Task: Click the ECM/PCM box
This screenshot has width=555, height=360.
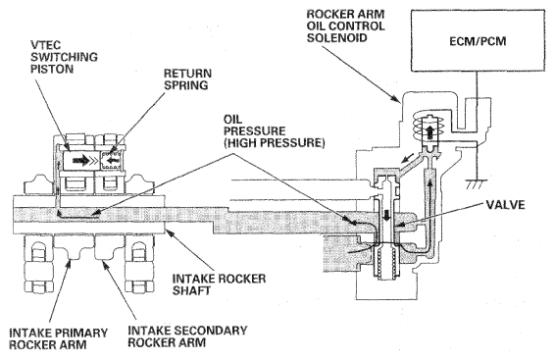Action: pos(478,40)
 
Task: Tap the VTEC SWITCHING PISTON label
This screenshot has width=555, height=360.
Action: pos(64,57)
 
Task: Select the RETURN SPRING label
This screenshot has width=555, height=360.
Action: pos(187,79)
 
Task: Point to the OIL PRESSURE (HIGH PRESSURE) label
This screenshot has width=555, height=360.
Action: pos(274,131)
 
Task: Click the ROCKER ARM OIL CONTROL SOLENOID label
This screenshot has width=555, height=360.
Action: pos(345,26)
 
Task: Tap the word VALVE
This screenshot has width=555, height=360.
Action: pos(505,205)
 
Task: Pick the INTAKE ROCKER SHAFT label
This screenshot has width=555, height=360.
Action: pos(219,284)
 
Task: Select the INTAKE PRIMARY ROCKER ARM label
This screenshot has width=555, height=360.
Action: pos(59,338)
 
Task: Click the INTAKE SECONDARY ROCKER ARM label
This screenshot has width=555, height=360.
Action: pos(187,336)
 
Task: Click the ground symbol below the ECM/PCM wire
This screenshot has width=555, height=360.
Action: pos(477,184)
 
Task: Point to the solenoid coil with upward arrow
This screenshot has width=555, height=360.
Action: pos(429,129)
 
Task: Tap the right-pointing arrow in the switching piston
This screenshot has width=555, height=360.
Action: pos(81,161)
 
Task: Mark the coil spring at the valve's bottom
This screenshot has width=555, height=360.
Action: pos(386,264)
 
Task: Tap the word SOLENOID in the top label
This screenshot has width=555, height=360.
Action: pos(337,37)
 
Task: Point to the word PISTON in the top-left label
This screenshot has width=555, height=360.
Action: pos(52,69)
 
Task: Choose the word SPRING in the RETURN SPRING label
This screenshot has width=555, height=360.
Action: pos(186,85)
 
